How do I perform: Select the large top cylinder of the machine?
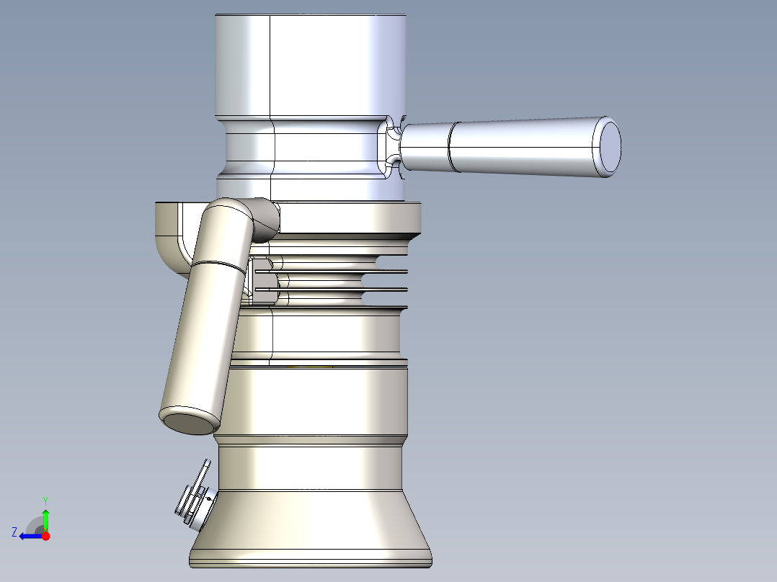(x=311, y=66)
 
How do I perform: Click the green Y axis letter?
(x=45, y=501)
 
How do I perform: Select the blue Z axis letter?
(x=14, y=532)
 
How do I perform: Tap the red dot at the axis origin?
(x=45, y=536)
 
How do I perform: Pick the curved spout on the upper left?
(x=171, y=238)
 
